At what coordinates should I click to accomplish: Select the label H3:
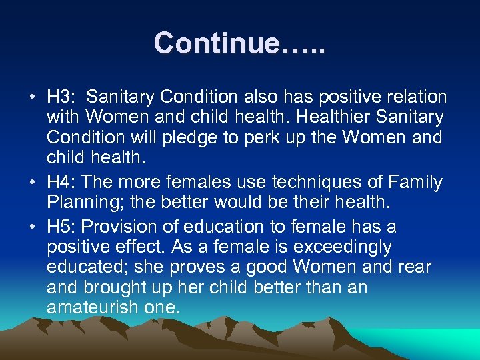pos(61,97)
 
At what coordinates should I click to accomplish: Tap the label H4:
pos(61,181)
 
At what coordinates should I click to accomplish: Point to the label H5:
pos(61,227)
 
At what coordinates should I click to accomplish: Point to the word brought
pos(112,288)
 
